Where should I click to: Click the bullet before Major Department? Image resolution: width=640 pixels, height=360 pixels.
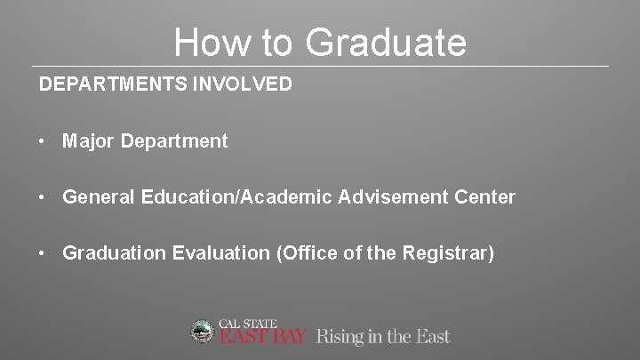click(x=43, y=140)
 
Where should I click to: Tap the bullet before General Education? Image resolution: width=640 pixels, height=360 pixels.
click(x=43, y=197)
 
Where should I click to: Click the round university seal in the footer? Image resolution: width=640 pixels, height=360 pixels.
click(x=204, y=332)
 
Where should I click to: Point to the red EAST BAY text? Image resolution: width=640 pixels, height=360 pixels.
click(x=263, y=337)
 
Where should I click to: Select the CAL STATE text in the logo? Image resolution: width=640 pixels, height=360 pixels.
click(x=248, y=323)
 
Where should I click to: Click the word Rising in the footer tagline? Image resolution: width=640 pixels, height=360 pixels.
click(x=339, y=337)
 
